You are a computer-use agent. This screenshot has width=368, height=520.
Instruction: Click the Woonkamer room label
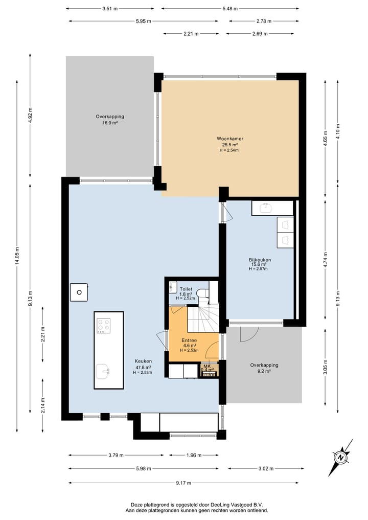pos(230,139)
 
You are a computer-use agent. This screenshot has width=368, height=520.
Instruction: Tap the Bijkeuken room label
pos(260,260)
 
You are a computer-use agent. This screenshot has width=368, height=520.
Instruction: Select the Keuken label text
pos(143,361)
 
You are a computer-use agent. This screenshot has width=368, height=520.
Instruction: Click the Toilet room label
pos(186,289)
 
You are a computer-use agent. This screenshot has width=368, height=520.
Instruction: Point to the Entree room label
pos(189,340)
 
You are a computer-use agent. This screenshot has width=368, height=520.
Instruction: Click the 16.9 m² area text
pos(110,123)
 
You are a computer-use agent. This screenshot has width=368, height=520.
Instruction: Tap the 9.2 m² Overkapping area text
pos(264,371)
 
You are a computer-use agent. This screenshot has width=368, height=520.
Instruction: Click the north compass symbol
pos(341,458)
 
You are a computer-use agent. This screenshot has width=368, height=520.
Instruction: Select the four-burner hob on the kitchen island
pos(103,326)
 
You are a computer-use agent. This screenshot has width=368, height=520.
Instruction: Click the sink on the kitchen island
pos(102,372)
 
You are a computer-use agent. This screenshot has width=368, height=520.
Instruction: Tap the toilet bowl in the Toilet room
pos(202,293)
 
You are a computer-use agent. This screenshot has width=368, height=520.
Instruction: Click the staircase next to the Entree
pos(203,319)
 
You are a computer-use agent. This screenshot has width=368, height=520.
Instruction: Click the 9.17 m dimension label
pos(183,483)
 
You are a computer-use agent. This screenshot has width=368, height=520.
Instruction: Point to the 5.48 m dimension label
pos(230,9)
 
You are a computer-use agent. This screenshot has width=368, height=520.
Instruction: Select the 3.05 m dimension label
pos(326,367)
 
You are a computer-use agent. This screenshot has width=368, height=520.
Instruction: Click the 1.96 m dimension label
pos(194,455)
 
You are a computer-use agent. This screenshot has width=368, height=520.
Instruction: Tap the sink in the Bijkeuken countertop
pos(266,208)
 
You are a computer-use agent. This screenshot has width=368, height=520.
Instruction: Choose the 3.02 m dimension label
pos(266,468)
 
